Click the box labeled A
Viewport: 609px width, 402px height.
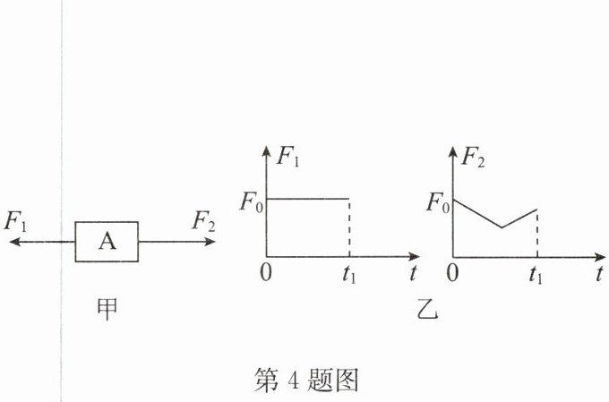coord(106,241)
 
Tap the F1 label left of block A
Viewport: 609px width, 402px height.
coord(16,221)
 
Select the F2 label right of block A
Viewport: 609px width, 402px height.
coord(202,221)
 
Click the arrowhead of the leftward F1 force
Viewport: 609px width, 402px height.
coord(13,241)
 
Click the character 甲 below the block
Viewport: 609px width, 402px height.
coord(107,309)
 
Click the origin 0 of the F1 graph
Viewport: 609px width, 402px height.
coord(265,273)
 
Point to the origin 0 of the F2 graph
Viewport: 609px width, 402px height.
coord(452,273)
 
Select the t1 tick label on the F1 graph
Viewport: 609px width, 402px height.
coord(349,275)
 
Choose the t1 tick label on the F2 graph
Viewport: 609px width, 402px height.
coord(536,275)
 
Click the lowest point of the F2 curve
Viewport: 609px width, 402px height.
coord(502,227)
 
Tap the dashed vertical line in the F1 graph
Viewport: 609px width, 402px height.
coord(348,228)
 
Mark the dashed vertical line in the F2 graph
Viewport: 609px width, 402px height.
coord(536,235)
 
